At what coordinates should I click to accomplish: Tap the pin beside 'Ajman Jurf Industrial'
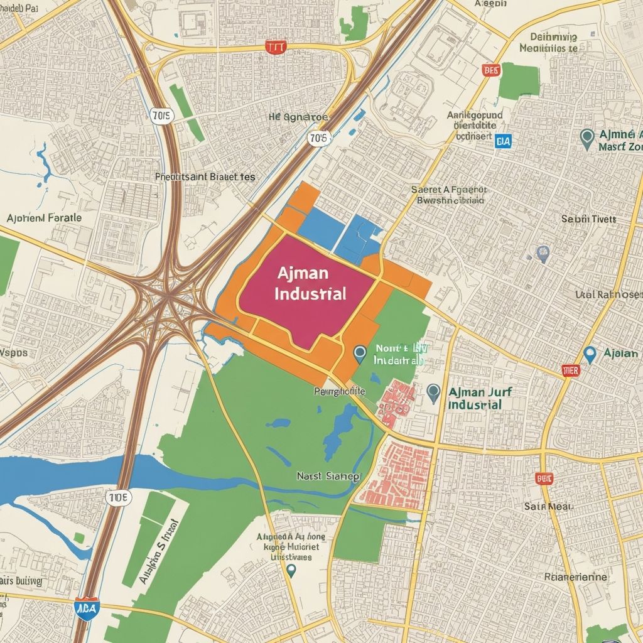tap(433, 394)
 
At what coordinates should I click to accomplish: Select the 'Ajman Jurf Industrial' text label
tap(480, 398)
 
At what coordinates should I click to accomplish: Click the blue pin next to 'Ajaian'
tap(589, 354)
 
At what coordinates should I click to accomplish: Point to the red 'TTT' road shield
tap(274, 48)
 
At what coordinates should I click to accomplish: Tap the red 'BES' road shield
tap(491, 70)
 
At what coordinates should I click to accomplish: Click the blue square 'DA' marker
tap(503, 141)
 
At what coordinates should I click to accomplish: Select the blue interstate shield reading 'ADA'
tap(86, 608)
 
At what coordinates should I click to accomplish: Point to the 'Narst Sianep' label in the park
tap(328, 477)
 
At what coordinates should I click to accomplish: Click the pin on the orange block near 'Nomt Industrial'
tap(359, 354)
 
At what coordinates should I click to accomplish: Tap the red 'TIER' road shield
tap(570, 370)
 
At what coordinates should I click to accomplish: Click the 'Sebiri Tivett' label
tap(588, 219)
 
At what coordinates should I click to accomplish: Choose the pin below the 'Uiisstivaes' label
tap(290, 570)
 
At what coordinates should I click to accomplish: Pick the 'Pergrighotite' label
tap(339, 391)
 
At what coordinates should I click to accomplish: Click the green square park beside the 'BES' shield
tap(519, 81)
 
